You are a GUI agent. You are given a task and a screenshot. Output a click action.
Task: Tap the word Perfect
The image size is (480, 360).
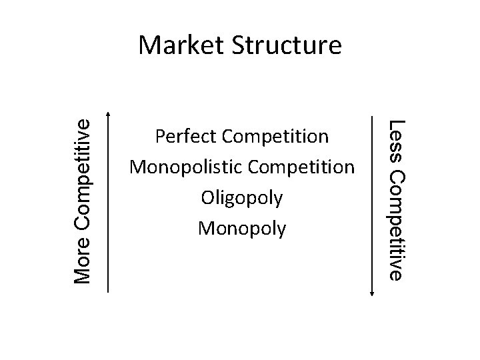pos(185,137)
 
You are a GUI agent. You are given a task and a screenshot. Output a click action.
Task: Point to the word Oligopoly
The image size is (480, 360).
pos(242,199)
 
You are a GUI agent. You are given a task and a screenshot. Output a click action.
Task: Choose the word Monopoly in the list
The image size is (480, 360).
pos(242,229)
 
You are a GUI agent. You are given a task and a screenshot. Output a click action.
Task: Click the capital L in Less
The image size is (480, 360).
pos(397,124)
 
